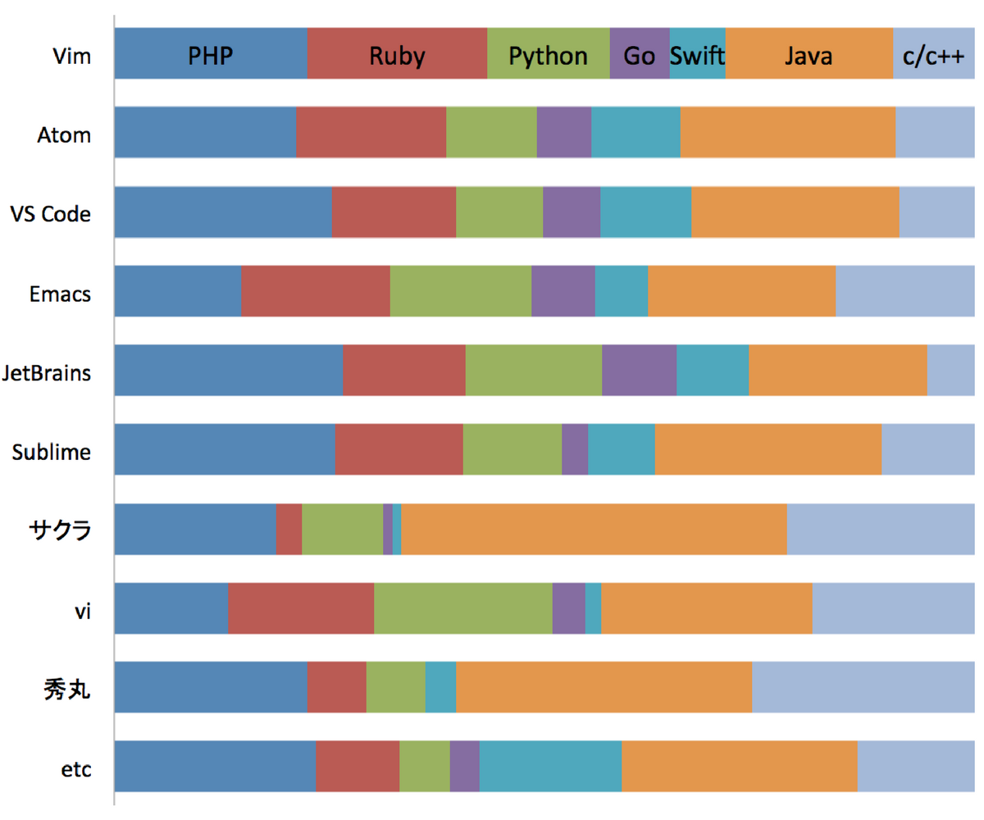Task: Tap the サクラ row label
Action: click(66, 531)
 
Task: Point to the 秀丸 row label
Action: click(66, 690)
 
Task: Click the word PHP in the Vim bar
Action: click(211, 56)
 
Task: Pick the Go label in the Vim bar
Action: click(640, 56)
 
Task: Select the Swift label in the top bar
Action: click(698, 56)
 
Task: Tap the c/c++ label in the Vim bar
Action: click(933, 56)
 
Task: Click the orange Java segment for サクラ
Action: click(594, 530)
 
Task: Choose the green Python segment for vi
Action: click(463, 608)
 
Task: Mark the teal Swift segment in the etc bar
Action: click(550, 767)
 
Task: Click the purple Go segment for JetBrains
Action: click(639, 371)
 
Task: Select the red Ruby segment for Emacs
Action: click(316, 291)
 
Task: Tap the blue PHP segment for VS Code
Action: click(223, 212)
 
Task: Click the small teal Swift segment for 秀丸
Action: click(440, 688)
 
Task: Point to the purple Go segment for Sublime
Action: click(575, 449)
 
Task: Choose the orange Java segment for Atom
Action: click(787, 133)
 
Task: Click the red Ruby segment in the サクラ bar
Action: click(289, 530)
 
